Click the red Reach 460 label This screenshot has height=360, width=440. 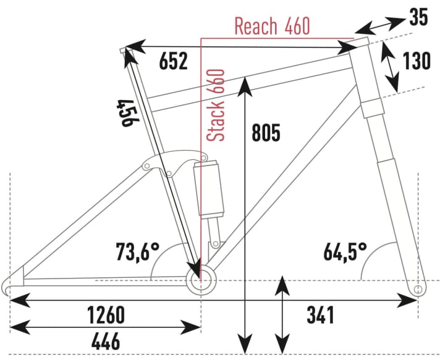(x=272, y=26)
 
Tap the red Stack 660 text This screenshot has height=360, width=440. (x=217, y=105)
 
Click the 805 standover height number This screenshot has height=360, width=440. (x=266, y=132)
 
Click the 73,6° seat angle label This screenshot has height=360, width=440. (x=137, y=251)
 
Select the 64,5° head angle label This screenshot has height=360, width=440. (x=345, y=251)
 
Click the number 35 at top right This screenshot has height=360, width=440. (x=418, y=18)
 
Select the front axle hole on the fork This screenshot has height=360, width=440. (x=418, y=288)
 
